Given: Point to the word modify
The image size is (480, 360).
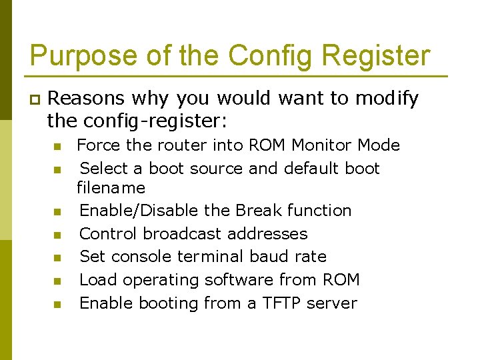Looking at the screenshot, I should [387, 99].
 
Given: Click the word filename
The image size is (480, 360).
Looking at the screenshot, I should [111, 188].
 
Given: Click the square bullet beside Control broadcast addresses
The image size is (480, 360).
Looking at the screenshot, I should [57, 235].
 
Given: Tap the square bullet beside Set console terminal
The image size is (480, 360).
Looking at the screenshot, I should [57, 257].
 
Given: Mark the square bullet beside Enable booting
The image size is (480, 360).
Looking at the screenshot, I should [57, 304].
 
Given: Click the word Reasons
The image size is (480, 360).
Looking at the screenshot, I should [86, 99].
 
